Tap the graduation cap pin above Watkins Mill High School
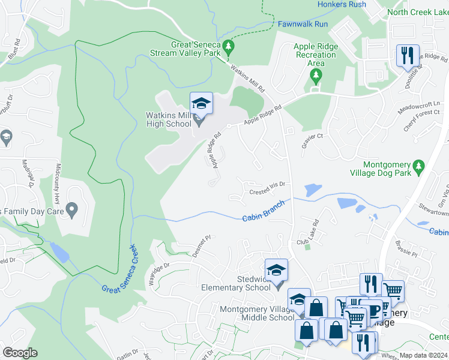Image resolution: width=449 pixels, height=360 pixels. point(202,104)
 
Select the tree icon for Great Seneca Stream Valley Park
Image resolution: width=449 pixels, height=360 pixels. point(228,46)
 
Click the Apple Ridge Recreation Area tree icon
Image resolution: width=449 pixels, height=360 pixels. point(316,75)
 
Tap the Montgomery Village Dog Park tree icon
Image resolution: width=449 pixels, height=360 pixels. point(420,164)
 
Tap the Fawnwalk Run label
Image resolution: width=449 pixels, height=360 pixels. point(303,24)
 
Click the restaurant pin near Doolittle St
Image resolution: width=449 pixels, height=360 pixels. point(408,56)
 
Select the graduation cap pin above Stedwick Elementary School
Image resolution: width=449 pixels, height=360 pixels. point(276,270)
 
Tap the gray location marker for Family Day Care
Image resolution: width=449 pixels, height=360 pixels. point(72,210)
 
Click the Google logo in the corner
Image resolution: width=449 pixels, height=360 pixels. point(20,353)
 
